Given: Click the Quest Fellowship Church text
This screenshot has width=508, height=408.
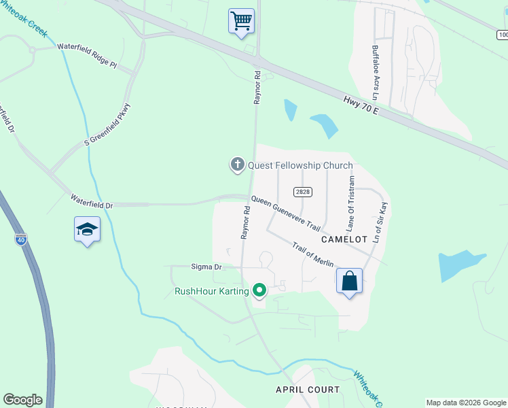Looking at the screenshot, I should (x=300, y=165).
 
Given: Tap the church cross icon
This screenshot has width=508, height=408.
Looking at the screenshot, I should (x=237, y=165).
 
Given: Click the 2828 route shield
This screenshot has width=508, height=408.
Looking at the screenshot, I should (x=303, y=192).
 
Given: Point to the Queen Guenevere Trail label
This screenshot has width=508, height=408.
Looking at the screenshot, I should (x=285, y=212).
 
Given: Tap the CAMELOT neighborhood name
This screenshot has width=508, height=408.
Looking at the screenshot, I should (x=344, y=239).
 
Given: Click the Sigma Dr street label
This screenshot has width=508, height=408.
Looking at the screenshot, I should (x=208, y=267).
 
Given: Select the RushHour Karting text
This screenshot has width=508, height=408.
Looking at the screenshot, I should (x=211, y=292).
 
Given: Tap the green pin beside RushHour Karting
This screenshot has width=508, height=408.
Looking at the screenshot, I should (x=259, y=291).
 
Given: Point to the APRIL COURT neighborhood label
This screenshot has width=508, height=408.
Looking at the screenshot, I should (x=307, y=389).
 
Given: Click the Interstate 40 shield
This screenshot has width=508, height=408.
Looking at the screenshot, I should (x=22, y=239).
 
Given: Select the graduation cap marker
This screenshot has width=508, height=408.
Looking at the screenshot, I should (x=88, y=229).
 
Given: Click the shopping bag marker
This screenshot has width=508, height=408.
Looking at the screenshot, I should (x=349, y=281).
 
